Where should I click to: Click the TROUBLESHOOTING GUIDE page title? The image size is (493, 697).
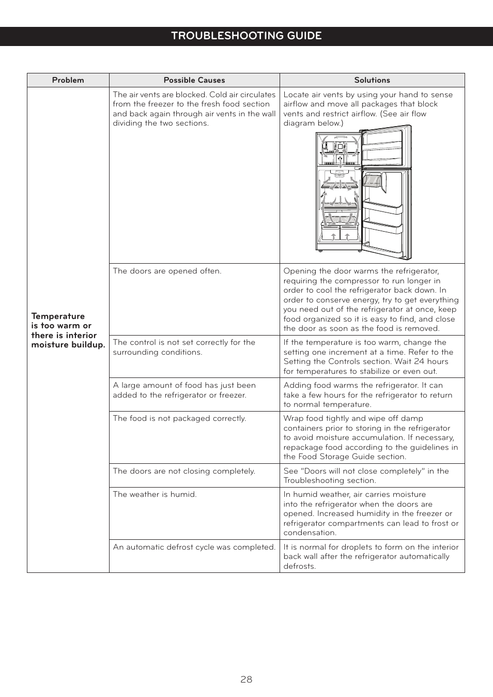(x=246, y=36)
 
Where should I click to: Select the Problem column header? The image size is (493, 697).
(x=68, y=80)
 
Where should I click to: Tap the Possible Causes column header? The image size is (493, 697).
(x=194, y=80)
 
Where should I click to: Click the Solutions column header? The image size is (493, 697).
(x=372, y=80)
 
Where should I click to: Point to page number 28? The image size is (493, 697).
(x=246, y=679)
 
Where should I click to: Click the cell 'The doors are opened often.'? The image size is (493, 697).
(x=167, y=271)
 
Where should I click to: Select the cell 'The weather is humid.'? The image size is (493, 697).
(x=155, y=494)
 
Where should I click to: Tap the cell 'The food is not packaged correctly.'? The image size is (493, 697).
(x=179, y=418)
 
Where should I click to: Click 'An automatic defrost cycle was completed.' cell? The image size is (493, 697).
(x=194, y=547)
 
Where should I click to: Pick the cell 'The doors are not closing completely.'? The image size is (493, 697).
(x=184, y=471)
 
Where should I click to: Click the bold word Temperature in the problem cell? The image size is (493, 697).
(x=58, y=316)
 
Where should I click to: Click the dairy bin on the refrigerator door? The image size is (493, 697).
(x=373, y=181)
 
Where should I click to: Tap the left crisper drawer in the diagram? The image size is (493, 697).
(x=330, y=232)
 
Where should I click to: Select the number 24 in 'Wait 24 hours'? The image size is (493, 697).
(x=419, y=361)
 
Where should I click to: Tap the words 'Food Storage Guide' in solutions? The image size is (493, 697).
(x=342, y=457)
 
